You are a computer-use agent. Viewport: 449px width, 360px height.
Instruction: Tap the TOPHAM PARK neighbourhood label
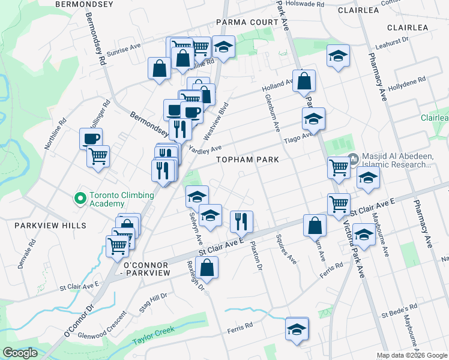point(248,160)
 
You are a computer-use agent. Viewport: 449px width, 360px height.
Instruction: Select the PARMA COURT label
point(247,23)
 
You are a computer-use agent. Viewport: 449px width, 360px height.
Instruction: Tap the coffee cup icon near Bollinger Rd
point(91,139)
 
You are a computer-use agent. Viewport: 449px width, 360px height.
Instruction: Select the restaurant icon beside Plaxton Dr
point(241,221)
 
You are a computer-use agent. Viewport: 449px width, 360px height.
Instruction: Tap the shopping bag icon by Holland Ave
point(304,80)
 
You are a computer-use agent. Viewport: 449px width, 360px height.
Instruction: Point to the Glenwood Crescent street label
point(103,323)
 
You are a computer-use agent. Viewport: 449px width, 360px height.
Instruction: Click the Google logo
point(20,353)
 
